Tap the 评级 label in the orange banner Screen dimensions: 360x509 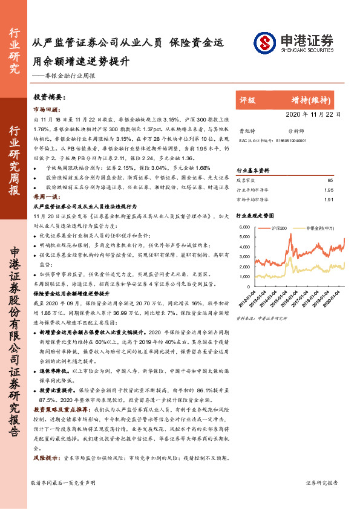[248, 100]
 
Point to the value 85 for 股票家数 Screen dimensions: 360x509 [330, 180]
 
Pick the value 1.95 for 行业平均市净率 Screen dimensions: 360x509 [329, 189]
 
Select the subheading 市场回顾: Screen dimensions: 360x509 [46, 109]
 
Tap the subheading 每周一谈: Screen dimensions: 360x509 [46, 197]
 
